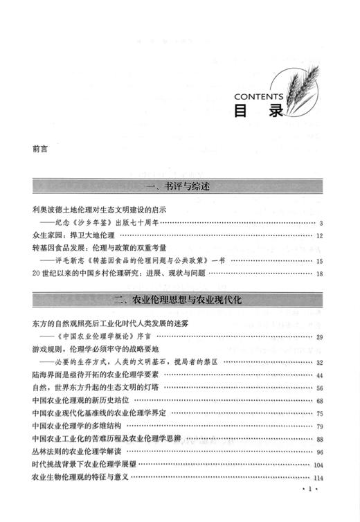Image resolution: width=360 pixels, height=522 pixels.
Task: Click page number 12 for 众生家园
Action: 320,235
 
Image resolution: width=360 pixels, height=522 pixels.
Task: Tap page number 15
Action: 320,261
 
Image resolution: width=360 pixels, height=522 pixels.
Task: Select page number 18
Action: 320,274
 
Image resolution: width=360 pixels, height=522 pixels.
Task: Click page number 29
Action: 320,336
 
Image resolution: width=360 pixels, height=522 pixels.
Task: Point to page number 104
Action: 318,465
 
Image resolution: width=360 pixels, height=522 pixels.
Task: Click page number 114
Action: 318,478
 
